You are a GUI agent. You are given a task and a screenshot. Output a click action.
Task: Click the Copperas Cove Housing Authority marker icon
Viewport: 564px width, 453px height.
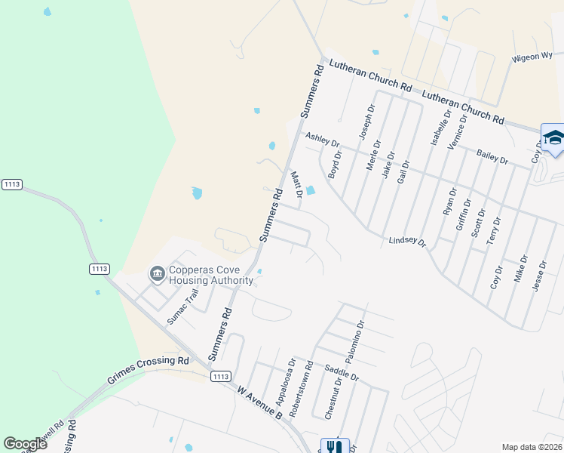coord(158,273)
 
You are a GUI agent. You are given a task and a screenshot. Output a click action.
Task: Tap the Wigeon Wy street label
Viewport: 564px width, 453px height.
coord(532,57)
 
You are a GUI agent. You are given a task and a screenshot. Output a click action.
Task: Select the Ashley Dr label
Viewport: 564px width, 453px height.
coord(323,139)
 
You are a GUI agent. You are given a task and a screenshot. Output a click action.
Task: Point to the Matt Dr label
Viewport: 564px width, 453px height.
coord(297,184)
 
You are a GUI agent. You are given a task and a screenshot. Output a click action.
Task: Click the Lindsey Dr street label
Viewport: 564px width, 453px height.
coord(407,242)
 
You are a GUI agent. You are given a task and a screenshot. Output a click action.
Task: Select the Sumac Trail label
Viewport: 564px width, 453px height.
coord(182,307)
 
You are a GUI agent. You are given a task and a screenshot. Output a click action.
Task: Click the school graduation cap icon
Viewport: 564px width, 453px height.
coord(553,137)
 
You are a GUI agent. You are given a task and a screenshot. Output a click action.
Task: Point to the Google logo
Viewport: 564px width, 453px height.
coord(25,444)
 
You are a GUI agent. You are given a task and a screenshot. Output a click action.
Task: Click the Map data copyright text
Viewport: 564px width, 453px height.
coord(532,447)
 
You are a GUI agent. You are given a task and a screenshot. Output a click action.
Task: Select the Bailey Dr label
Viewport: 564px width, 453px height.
coord(492,156)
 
